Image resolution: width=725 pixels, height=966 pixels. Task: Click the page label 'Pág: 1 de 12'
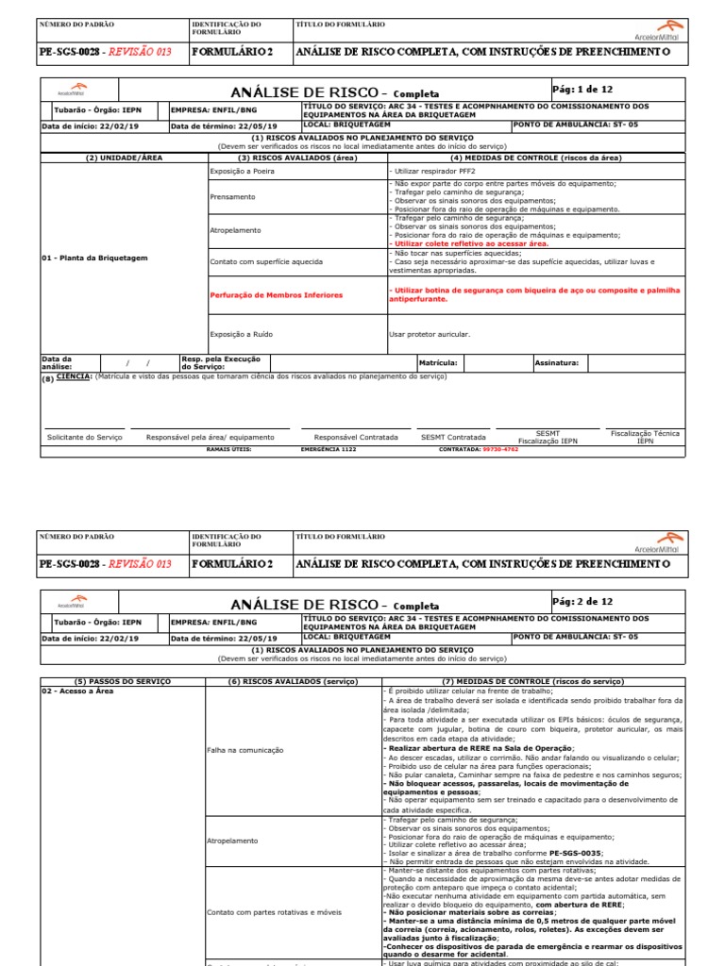[x=582, y=89]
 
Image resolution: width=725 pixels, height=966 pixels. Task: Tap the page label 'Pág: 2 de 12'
[x=582, y=601]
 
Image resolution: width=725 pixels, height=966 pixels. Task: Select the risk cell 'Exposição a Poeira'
[x=241, y=173]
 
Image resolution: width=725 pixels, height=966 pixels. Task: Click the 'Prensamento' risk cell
[x=232, y=197]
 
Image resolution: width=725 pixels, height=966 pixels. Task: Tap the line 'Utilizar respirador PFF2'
[x=432, y=173]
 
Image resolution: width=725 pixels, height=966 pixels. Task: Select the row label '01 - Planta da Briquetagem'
[x=94, y=258]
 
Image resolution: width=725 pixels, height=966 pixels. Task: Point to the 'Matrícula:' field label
[x=438, y=362]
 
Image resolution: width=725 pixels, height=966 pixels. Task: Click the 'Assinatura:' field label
[x=557, y=362]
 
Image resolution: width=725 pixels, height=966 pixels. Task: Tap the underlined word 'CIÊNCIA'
[x=74, y=376]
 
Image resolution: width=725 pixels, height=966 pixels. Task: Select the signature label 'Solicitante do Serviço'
[x=85, y=438]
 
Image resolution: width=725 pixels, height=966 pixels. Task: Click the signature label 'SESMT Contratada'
[x=453, y=438]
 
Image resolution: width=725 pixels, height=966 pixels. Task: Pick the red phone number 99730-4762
[x=500, y=450]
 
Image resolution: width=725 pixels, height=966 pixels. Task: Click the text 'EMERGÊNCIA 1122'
[x=329, y=450]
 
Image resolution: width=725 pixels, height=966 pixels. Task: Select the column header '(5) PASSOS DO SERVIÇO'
[x=119, y=681]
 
